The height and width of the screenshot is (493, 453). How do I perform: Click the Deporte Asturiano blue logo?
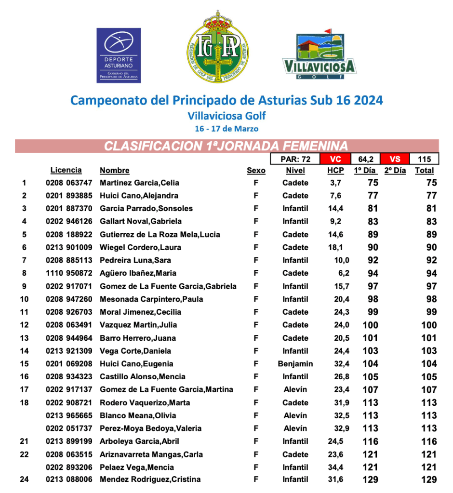point(119,55)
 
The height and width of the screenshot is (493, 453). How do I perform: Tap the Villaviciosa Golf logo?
point(319,55)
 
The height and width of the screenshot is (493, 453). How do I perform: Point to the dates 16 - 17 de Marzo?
point(226,129)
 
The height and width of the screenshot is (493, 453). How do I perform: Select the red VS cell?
point(395,159)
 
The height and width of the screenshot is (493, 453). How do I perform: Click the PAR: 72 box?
point(295,159)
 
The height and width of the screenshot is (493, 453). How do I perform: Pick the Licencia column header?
point(66,170)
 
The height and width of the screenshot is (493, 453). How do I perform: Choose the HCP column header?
point(335,171)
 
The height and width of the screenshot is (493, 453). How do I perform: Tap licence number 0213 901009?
point(68,247)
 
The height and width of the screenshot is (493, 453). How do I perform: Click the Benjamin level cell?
point(295,364)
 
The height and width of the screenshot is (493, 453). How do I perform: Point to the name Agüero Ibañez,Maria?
point(132,273)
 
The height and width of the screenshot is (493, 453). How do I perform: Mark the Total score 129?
point(428,480)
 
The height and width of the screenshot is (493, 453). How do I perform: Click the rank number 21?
point(24,441)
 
